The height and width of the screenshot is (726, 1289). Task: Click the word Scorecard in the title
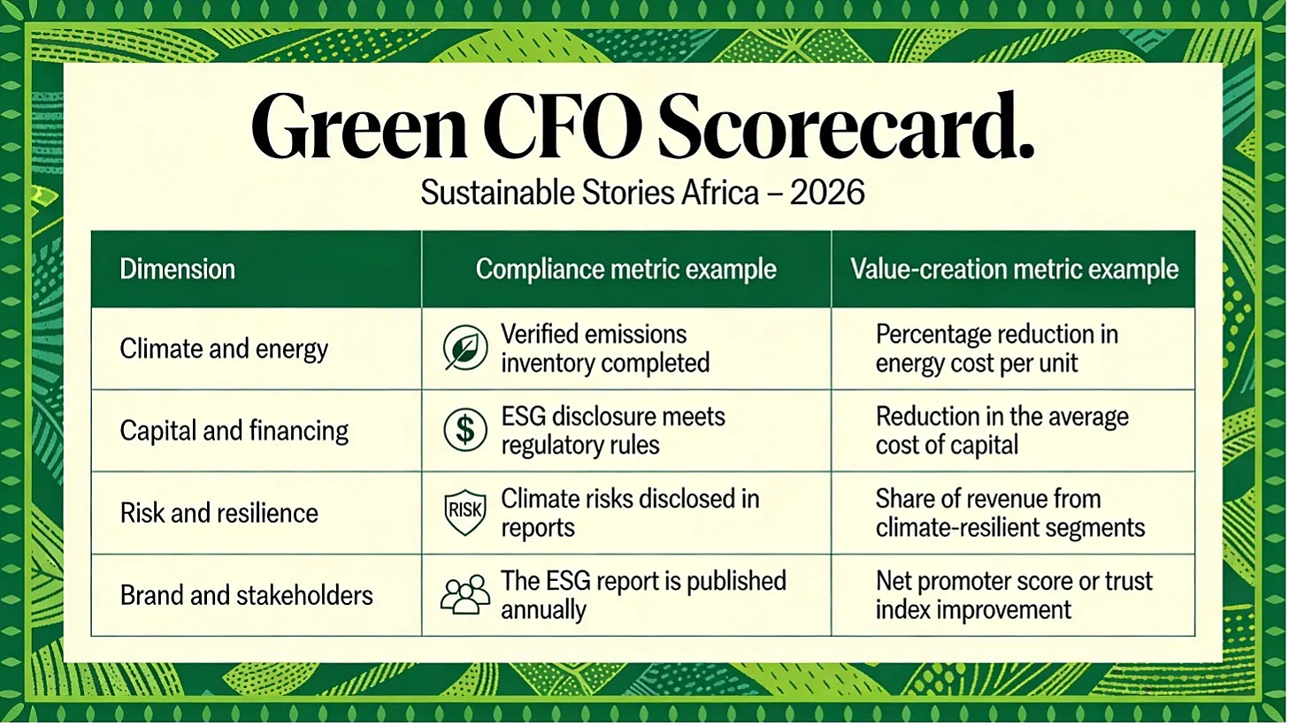point(846,126)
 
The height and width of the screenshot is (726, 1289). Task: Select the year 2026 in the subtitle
point(827,192)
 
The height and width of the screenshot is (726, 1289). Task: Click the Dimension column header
point(177,269)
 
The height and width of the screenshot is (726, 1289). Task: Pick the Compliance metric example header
point(626,269)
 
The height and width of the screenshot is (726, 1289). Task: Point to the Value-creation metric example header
point(1014,269)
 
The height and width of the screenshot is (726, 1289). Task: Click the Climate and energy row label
point(224,349)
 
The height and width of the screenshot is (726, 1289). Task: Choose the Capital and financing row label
point(234,431)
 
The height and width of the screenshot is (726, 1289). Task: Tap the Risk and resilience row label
point(219,513)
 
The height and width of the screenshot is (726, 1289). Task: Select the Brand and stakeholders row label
point(246,595)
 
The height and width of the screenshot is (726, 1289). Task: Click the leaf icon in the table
point(465,348)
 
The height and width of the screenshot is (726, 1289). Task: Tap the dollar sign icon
point(465,430)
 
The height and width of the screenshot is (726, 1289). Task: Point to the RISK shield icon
point(465,512)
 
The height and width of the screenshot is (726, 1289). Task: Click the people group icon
point(465,594)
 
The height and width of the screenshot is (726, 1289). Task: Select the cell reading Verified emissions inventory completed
point(605,348)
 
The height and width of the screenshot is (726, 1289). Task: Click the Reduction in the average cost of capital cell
point(1001,431)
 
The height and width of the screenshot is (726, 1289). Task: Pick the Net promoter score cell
point(1014,595)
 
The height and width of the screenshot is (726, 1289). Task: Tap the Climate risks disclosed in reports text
point(630,513)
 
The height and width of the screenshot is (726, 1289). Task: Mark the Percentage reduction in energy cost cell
point(997,348)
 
